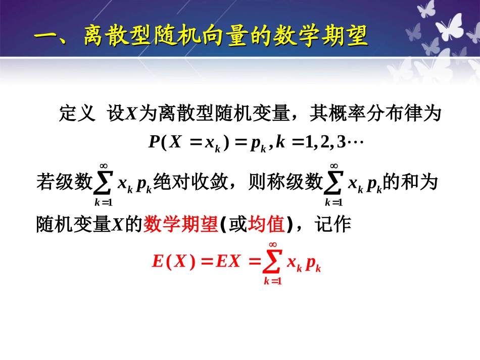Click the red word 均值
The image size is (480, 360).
267,224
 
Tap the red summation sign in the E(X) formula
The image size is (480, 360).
272,262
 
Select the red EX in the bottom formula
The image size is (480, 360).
227,262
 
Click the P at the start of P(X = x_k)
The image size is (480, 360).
154,142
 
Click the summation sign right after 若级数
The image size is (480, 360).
104,182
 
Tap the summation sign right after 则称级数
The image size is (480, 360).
334,182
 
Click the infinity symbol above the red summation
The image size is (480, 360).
272,244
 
